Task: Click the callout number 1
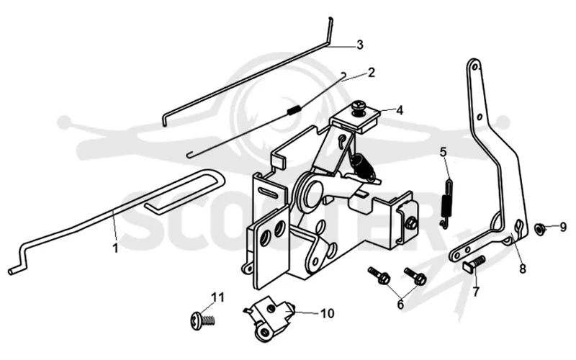coord(115,248)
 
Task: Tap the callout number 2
coord(372,73)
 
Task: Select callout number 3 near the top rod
coord(360,45)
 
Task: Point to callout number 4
coord(400,110)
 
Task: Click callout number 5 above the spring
coord(444,152)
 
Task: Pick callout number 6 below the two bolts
coord(400,304)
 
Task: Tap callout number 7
coord(476,292)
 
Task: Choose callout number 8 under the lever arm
coord(522,269)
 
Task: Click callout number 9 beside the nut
coord(563,228)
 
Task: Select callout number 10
coord(328,313)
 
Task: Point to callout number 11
coord(217,297)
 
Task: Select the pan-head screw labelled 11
coord(202,320)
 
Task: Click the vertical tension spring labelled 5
coord(446,203)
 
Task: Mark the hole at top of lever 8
coord(475,68)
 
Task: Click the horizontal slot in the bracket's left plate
coord(271,192)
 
